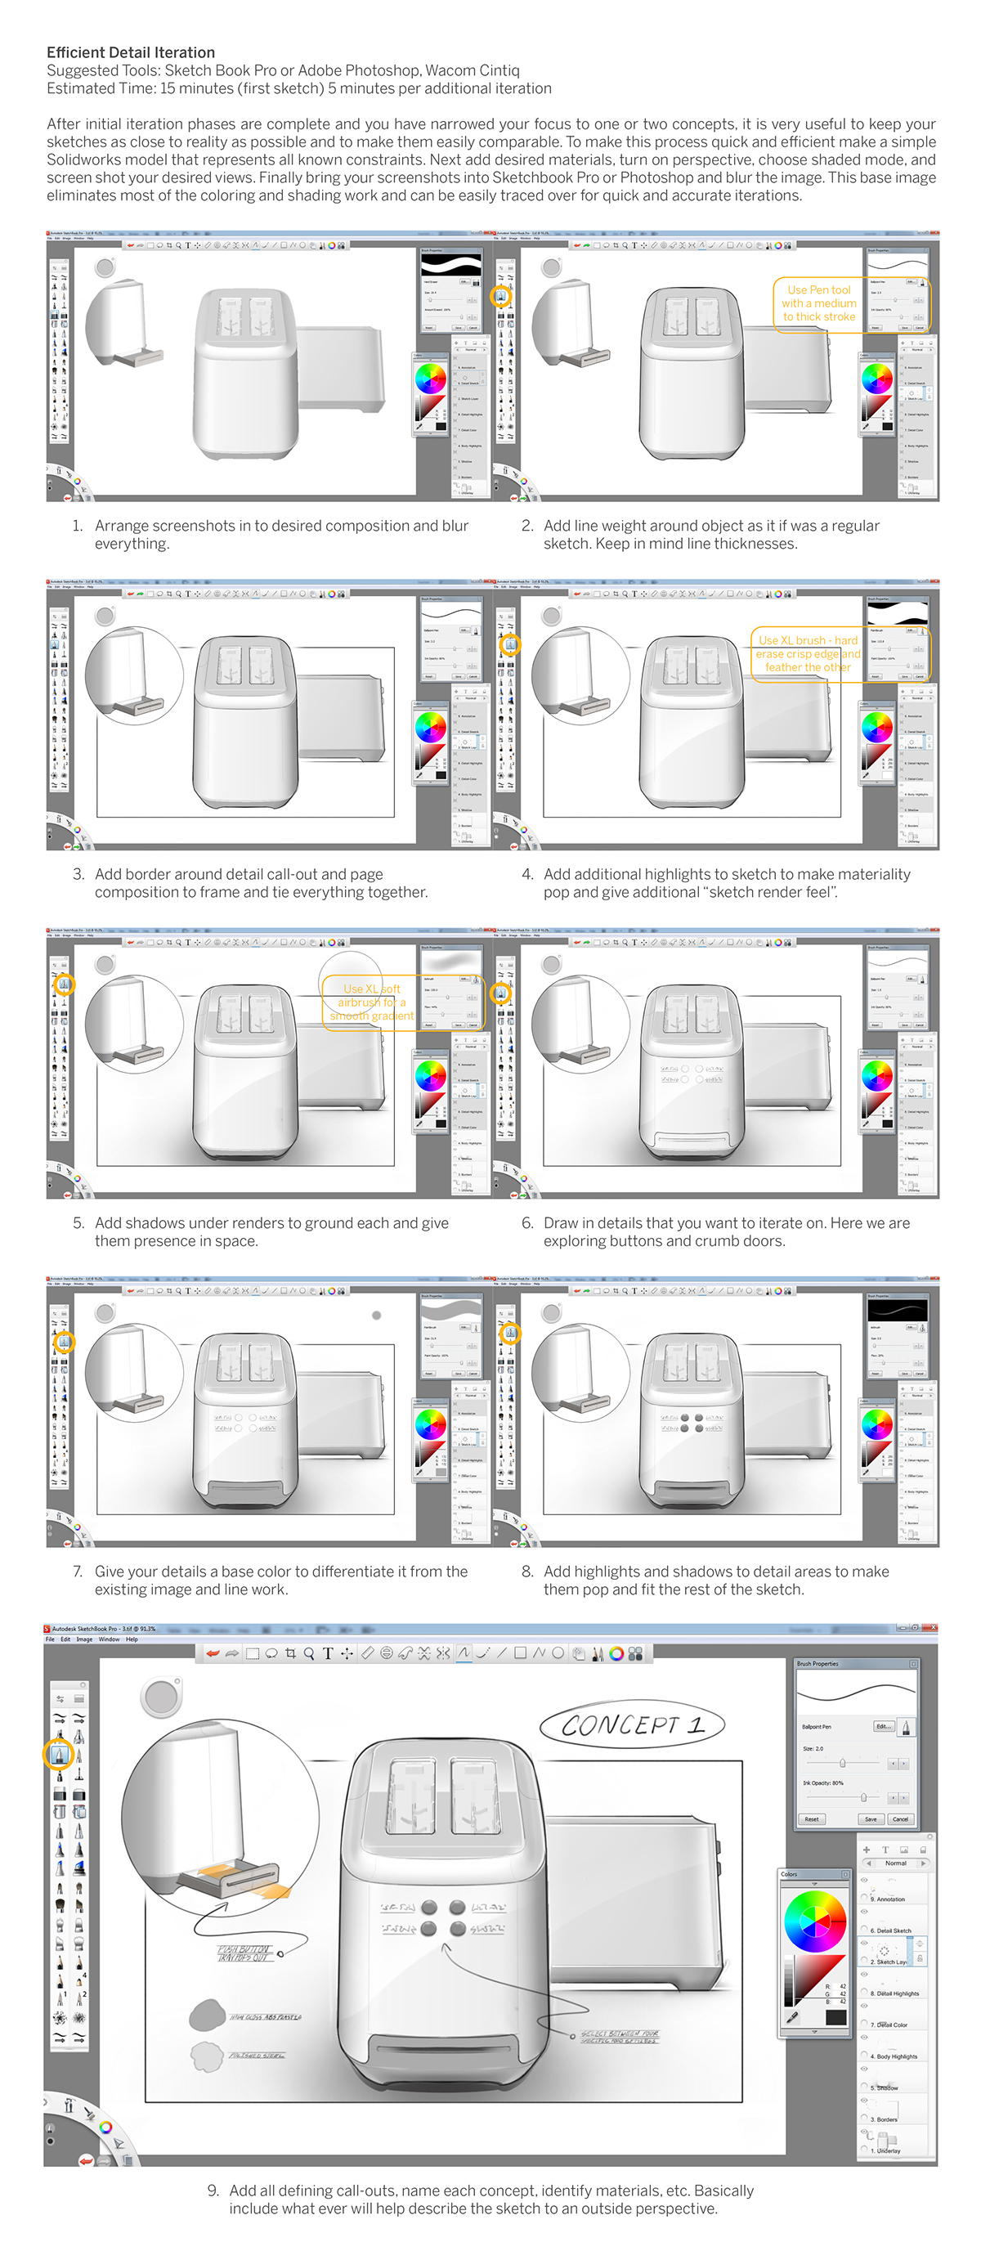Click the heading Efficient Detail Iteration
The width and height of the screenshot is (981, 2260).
pyautogui.click(x=130, y=52)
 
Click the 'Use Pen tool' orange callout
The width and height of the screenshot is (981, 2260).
pyautogui.click(x=817, y=303)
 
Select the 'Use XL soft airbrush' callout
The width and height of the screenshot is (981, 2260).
pyautogui.click(x=371, y=1002)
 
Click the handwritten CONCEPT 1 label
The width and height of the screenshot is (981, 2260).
pyautogui.click(x=632, y=1724)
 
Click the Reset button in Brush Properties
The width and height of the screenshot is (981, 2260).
pyautogui.click(x=811, y=1818)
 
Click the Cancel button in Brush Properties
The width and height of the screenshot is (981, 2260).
pyautogui.click(x=900, y=1818)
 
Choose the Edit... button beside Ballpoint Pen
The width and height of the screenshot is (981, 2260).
pyautogui.click(x=883, y=1727)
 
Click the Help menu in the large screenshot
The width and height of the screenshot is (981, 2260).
pyautogui.click(x=132, y=1639)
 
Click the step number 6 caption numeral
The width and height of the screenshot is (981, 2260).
pyautogui.click(x=527, y=1223)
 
